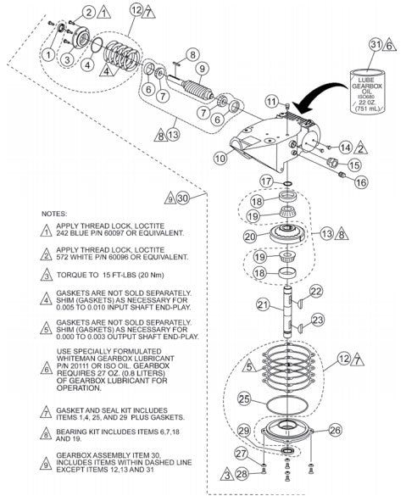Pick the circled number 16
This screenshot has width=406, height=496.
(361, 181)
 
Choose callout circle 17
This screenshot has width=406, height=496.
(266, 181)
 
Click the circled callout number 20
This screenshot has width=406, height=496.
(249, 237)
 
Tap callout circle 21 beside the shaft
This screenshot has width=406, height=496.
(264, 304)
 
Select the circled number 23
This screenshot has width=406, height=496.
(318, 320)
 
